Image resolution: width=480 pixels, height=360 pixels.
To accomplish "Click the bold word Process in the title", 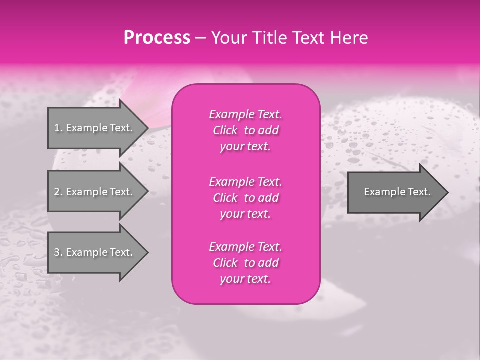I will [157, 38].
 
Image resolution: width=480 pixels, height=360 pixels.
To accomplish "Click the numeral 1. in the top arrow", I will [58, 128].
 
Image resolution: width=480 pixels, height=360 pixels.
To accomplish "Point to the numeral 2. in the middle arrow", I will [58, 192].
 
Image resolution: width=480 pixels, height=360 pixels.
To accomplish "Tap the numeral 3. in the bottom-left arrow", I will [58, 252].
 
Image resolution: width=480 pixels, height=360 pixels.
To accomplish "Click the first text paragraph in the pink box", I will [245, 130].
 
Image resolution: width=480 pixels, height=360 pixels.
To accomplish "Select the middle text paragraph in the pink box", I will [245, 198].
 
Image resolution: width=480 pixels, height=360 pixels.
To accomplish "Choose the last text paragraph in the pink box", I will [245, 263].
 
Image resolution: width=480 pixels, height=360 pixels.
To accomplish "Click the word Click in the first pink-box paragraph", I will [225, 130].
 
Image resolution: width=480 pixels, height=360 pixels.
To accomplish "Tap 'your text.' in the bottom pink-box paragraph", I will [245, 279].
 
